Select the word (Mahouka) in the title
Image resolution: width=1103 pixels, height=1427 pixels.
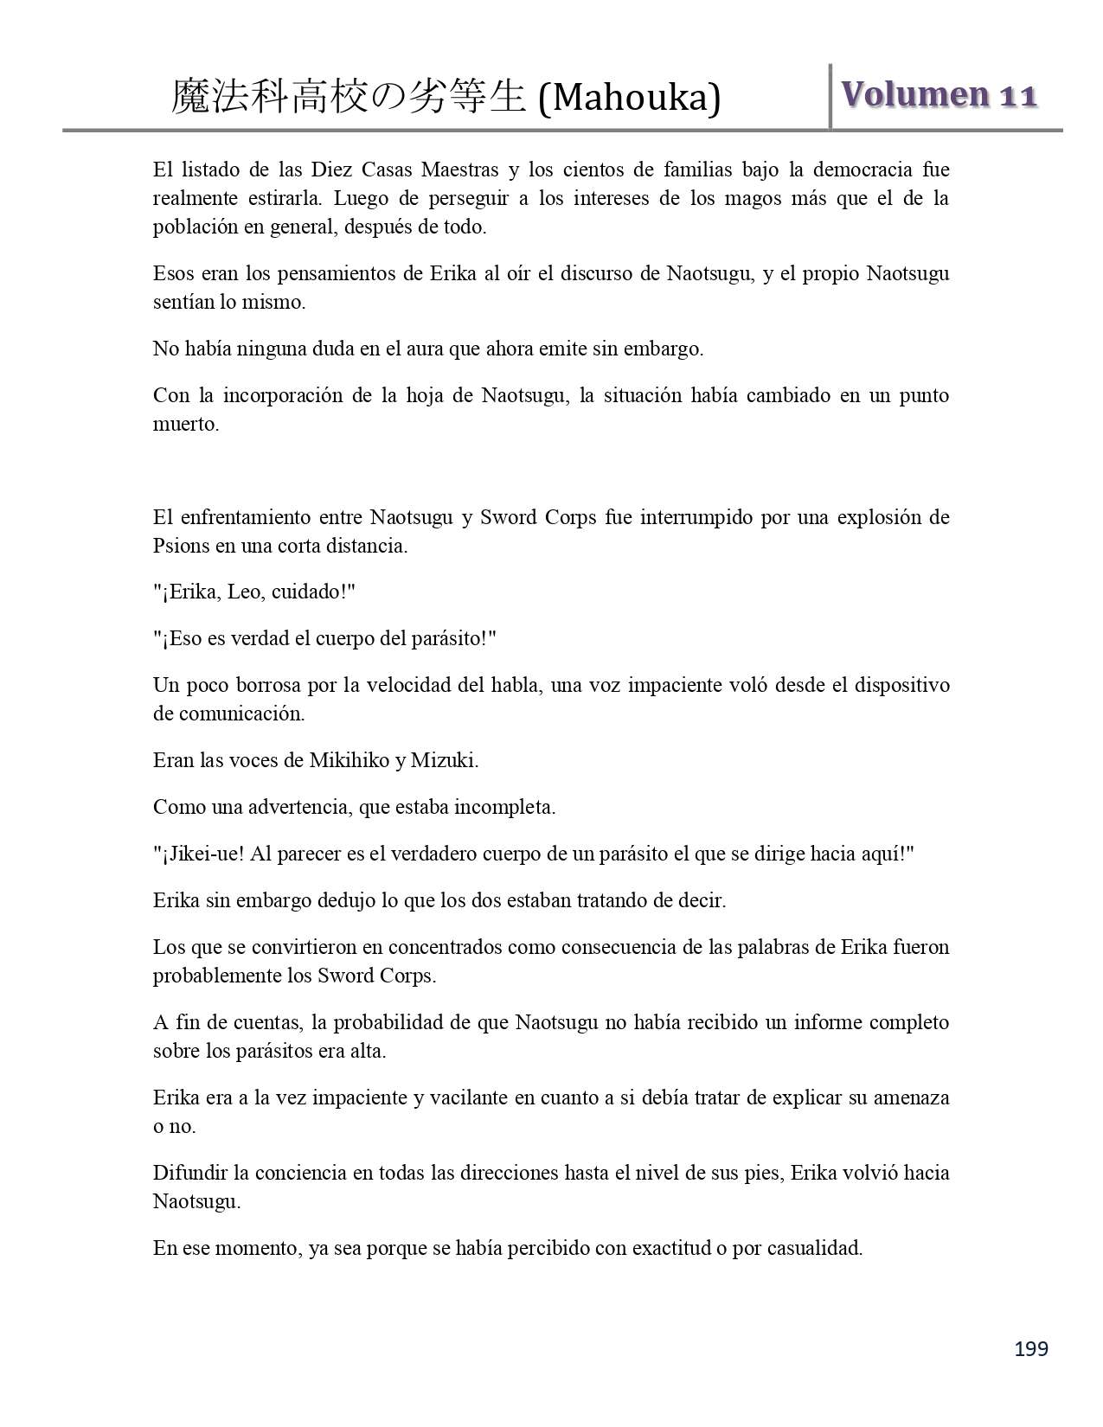click(629, 98)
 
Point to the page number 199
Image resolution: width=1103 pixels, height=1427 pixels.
click(1030, 1349)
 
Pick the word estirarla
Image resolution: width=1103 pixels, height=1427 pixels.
click(281, 198)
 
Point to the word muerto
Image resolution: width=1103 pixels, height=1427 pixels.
click(185, 425)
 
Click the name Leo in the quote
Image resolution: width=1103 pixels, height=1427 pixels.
click(245, 592)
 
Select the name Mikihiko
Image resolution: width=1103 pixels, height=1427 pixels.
click(349, 761)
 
